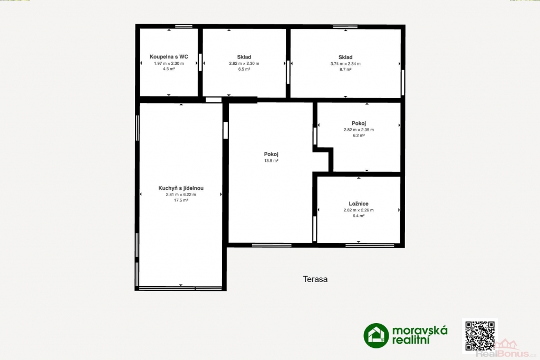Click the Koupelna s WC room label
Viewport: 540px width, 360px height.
[169, 57]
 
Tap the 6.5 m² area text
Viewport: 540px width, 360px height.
[244, 69]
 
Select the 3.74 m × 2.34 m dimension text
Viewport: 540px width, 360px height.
[345, 64]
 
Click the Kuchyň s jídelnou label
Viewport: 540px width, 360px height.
[181, 188]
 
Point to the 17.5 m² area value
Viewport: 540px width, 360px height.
[181, 200]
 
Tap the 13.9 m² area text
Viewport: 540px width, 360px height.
[271, 161]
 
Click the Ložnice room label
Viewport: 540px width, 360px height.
[359, 204]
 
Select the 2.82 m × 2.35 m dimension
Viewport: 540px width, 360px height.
[359, 130]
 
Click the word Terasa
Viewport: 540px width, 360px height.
[315, 279]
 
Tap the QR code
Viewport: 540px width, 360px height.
[480, 336]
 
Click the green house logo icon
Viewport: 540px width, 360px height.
[376, 336]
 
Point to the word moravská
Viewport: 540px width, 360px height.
[420, 330]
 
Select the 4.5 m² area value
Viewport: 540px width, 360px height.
[169, 69]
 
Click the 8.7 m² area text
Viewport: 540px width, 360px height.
[345, 70]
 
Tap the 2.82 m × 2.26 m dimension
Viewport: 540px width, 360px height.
[359, 210]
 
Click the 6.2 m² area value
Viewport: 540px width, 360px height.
[359, 135]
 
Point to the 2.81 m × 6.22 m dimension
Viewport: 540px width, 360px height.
[181, 194]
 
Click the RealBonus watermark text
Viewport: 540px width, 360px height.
[506, 354]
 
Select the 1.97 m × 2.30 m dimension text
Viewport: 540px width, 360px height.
[169, 63]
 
